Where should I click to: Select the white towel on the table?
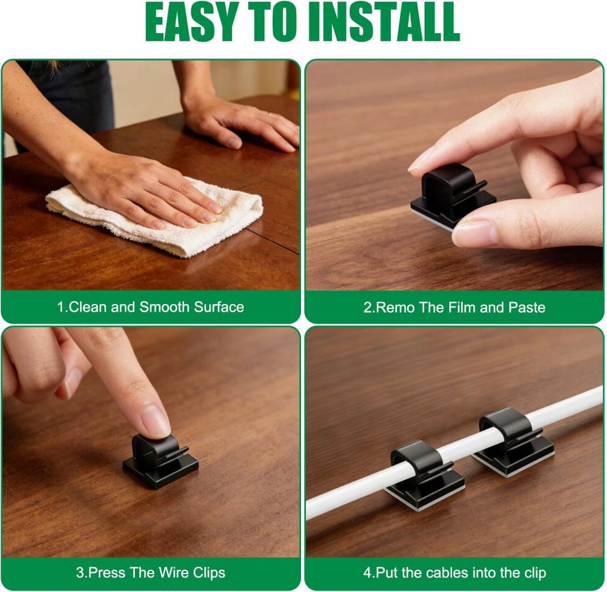tap(155, 216)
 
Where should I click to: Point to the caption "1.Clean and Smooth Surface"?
tap(151, 307)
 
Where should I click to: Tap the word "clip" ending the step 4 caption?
tap(535, 574)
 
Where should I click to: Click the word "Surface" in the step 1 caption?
tap(219, 307)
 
